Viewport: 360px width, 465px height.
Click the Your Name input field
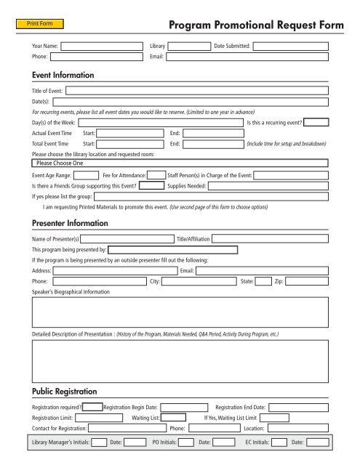(102, 46)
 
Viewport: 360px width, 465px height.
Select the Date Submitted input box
(295, 46)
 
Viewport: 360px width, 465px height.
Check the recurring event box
(316, 122)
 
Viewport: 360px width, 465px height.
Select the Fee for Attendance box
(156, 175)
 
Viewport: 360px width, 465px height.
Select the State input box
(265, 280)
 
